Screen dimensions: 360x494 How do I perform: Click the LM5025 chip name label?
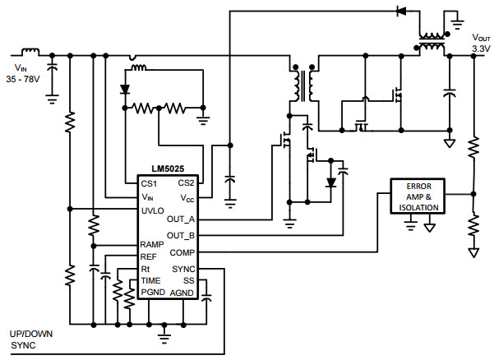pyautogui.click(x=159, y=169)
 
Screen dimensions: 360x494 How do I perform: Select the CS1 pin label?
pyautogui.click(x=149, y=183)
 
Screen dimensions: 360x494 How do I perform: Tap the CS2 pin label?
pyautogui.click(x=186, y=183)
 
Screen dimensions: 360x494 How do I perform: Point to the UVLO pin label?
pyautogui.click(x=153, y=210)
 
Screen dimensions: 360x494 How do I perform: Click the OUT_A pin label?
pyautogui.click(x=181, y=219)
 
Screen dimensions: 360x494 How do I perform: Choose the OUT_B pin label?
pyautogui.click(x=181, y=236)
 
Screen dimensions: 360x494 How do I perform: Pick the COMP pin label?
pyautogui.click(x=182, y=253)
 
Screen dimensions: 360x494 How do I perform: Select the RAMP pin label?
pyautogui.click(x=153, y=244)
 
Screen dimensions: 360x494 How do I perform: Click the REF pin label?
pyautogui.click(x=149, y=256)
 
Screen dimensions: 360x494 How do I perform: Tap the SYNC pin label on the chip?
pyautogui.click(x=184, y=269)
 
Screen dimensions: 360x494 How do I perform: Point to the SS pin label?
pyautogui.click(x=189, y=280)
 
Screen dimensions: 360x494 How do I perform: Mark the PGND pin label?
pyautogui.click(x=154, y=292)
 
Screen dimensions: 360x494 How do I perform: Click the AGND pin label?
pyautogui.click(x=182, y=292)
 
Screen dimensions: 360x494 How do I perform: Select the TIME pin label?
pyautogui.click(x=151, y=280)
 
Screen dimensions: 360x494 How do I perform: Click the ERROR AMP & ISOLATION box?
pyautogui.click(x=418, y=196)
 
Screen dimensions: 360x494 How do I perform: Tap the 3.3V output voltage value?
pyautogui.click(x=481, y=49)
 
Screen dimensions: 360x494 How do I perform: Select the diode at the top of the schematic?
pyautogui.click(x=402, y=12)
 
